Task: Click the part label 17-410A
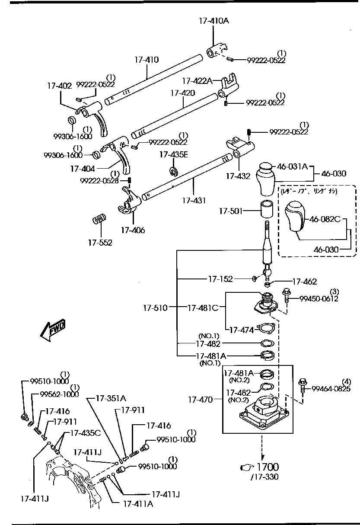213,20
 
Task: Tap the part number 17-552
100,243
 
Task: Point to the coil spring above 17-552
100,220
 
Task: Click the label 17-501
230,211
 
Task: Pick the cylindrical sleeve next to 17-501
266,210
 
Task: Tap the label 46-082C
325,219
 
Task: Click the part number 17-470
200,400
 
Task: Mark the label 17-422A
197,80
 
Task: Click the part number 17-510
155,308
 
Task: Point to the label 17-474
241,330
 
